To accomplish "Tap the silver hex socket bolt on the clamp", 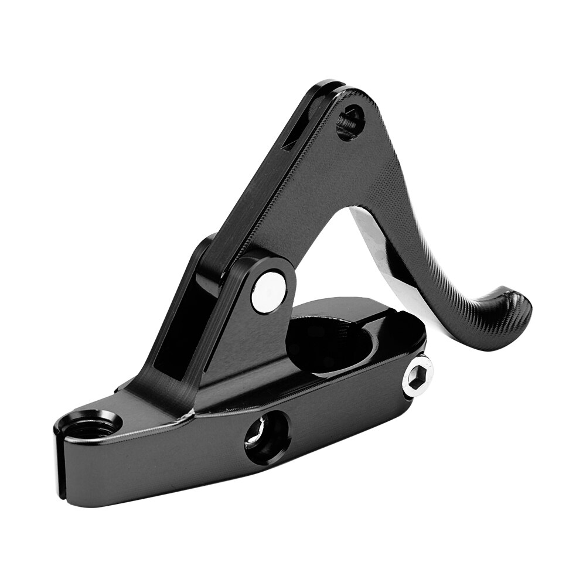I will pyautogui.click(x=417, y=376).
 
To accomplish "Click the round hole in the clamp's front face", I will pyautogui.click(x=267, y=437).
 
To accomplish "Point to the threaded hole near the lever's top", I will pyautogui.click(x=350, y=122).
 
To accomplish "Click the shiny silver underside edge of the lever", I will pyautogui.click(x=375, y=240).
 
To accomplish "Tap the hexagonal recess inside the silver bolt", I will pyautogui.click(x=418, y=376).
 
